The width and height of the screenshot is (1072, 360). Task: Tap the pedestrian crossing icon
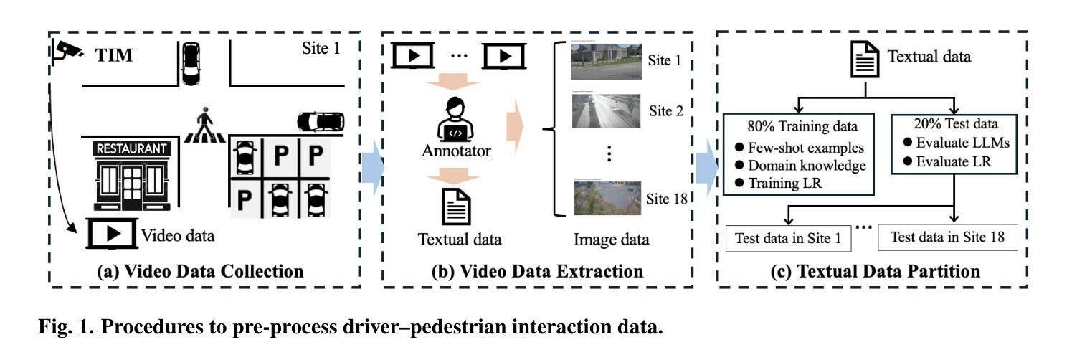pyautogui.click(x=206, y=125)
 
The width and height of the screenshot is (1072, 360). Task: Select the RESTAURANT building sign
pyautogui.click(x=134, y=149)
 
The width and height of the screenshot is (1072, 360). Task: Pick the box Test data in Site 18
pyautogui.click(x=947, y=237)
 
